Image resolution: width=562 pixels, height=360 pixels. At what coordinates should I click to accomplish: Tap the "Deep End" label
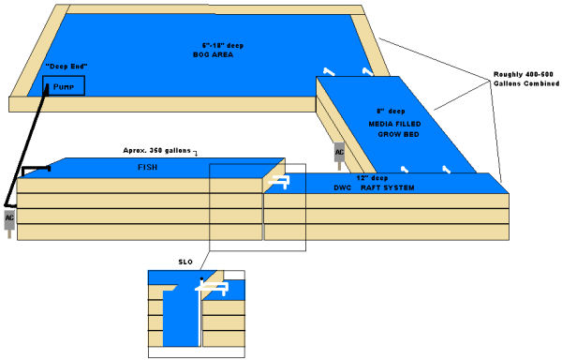[64, 67]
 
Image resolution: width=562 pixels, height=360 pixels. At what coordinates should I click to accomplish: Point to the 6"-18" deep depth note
[221, 45]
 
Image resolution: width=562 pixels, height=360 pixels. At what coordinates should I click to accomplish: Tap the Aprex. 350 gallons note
[160, 150]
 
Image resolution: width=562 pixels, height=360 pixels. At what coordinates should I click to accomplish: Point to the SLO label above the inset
[183, 262]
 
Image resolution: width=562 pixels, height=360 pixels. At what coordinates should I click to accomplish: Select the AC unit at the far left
[10, 219]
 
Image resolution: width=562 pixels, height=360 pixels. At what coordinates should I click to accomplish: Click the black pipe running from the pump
[37, 136]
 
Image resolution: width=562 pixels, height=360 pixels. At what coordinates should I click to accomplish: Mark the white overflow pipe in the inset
[200, 309]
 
